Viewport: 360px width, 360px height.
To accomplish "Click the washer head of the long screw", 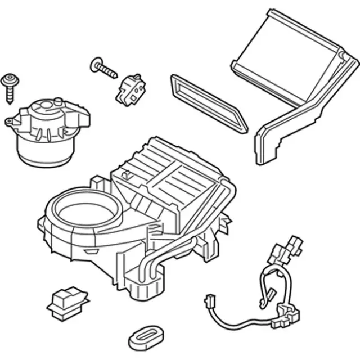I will pyautogui.click(x=95, y=62).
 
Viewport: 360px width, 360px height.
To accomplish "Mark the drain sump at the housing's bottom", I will pyautogui.click(x=141, y=284).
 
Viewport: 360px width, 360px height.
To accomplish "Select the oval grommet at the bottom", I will pyautogui.click(x=145, y=336).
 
